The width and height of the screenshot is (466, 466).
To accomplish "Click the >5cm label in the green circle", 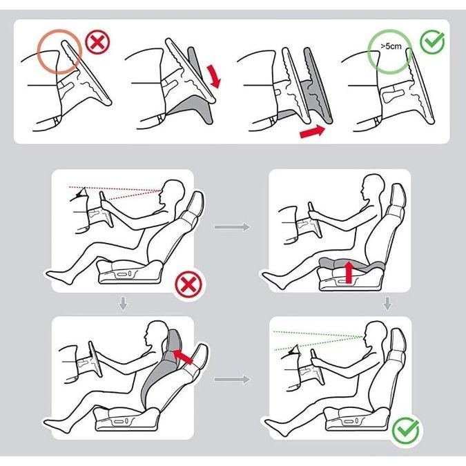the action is coord(391,46).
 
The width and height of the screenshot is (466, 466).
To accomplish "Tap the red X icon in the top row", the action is coord(97,43).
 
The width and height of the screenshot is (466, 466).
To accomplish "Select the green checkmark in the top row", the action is coord(432,42).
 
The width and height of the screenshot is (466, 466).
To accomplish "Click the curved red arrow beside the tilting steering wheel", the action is coord(215,77).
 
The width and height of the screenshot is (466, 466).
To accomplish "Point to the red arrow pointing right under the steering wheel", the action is coord(313,131).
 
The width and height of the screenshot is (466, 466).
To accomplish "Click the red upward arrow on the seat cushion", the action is coord(349,271).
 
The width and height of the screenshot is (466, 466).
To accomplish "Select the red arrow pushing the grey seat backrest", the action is coord(182,356).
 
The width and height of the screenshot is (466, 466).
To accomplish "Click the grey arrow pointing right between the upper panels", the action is coord(232,227).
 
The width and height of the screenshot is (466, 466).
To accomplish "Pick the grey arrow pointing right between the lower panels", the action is coord(232,380).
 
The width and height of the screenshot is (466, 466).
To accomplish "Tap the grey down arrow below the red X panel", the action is coord(123,303).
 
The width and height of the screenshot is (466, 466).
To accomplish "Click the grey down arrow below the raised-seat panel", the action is coord(387,303).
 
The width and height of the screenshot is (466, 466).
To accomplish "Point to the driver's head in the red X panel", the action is coord(172,192).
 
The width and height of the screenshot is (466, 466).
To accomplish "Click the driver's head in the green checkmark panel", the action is coord(376,333).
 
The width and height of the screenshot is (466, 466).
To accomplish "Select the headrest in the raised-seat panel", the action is coord(398,197).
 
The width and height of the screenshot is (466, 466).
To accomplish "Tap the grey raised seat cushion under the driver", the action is coord(351,264).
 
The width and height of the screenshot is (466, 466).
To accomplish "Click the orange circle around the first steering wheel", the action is coord(59,51).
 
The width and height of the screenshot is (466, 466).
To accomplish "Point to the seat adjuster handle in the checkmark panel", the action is coord(351,420).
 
